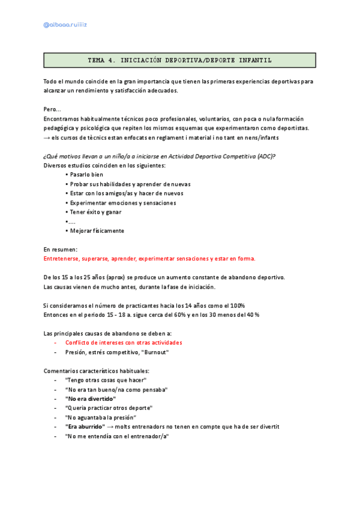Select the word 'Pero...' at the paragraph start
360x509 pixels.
(x=52, y=110)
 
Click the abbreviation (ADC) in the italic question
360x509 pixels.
(x=266, y=157)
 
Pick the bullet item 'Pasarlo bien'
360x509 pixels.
(x=88, y=175)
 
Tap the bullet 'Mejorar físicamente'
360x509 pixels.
(x=97, y=230)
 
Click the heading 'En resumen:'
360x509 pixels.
(x=61, y=249)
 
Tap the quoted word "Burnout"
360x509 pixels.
(x=155, y=352)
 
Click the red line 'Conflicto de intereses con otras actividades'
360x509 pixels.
(x=124, y=343)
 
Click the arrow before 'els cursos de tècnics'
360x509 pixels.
(x=47, y=137)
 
